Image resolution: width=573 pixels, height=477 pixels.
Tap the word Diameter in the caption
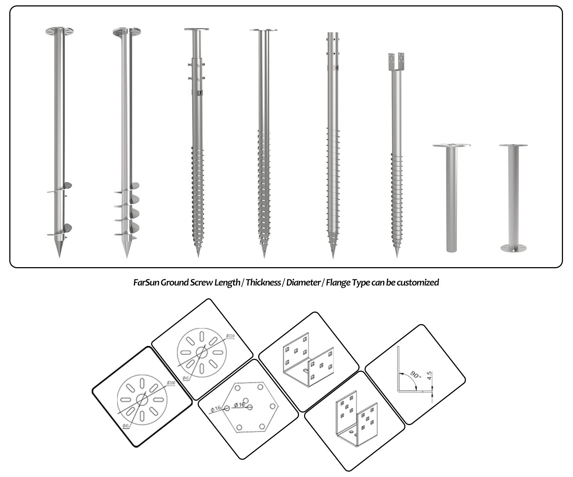(303, 283)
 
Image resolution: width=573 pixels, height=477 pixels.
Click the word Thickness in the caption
(263, 283)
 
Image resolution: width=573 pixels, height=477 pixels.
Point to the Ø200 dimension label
(171, 383)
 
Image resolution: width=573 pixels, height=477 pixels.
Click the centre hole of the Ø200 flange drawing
(142, 399)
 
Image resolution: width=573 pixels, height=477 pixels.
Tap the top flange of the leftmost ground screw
(59, 31)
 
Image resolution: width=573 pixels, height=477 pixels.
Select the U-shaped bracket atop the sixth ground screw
(396, 62)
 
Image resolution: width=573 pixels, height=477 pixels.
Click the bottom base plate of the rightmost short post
(513, 248)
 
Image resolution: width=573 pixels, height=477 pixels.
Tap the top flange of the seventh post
(451, 145)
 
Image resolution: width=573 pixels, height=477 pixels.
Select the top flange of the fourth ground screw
(263, 30)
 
